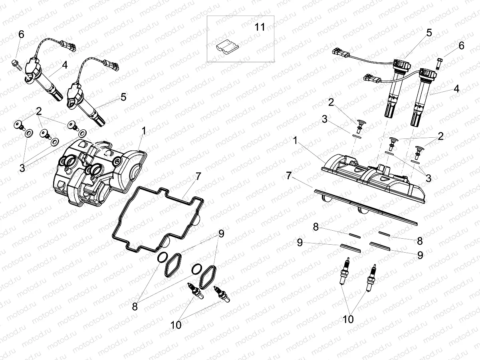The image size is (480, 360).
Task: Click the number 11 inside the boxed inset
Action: click(x=260, y=27)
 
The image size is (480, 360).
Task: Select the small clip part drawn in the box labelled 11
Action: click(x=226, y=46)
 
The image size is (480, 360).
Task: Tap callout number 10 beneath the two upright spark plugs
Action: click(x=348, y=319)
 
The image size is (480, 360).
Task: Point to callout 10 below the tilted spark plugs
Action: click(x=176, y=325)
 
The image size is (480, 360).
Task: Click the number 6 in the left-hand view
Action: click(x=21, y=34)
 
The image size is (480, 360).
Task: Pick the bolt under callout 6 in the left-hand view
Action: click(x=16, y=63)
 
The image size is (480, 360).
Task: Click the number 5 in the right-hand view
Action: click(x=429, y=33)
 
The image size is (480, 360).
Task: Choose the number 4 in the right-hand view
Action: click(x=456, y=89)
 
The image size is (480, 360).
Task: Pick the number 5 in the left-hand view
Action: click(x=123, y=97)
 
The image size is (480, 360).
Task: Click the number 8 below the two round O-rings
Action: click(x=135, y=307)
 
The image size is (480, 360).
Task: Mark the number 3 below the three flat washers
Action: click(x=22, y=168)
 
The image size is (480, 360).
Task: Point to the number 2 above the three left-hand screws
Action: click(x=39, y=111)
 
